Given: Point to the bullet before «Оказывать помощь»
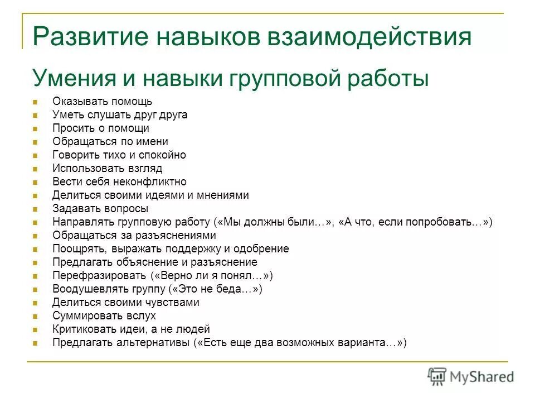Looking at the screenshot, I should [35, 102].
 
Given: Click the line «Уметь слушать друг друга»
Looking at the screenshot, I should [119, 115].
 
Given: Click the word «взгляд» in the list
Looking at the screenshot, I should [143, 169].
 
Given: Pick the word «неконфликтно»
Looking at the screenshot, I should [153, 182].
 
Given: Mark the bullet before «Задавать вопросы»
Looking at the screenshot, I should [35, 209].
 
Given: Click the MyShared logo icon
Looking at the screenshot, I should [437, 376].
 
